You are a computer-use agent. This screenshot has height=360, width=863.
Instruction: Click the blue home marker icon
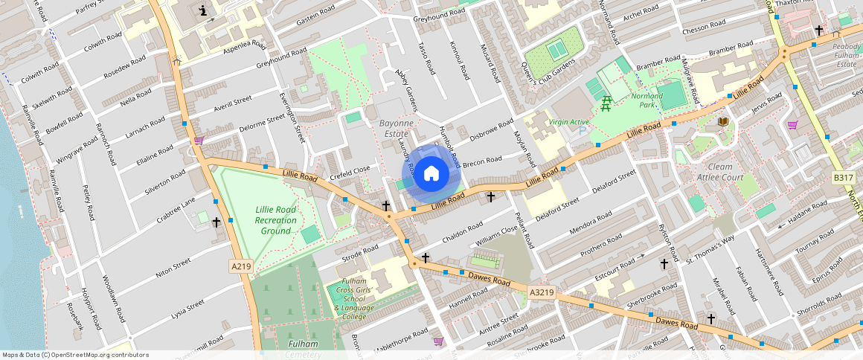[431, 174]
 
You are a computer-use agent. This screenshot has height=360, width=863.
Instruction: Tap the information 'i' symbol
[204, 11]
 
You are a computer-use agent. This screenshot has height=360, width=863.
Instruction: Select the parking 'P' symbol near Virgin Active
[581, 130]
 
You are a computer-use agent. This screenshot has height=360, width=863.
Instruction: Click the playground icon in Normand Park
[606, 104]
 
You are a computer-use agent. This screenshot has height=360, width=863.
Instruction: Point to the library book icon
[722, 121]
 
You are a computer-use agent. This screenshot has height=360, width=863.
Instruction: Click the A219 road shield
[240, 266]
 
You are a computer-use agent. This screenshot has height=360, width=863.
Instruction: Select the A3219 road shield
[542, 292]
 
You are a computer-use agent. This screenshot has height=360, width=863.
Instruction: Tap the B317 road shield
[842, 178]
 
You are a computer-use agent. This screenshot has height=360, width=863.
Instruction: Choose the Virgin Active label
[568, 121]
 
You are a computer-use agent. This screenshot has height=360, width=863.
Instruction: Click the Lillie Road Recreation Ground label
[275, 220]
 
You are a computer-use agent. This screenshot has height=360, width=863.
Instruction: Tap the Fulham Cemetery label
[303, 349]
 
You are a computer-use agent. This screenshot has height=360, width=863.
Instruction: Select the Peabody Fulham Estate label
[846, 54]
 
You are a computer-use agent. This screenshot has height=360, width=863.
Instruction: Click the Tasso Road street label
[426, 57]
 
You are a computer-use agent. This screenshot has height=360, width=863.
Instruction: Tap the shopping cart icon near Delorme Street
[199, 140]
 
